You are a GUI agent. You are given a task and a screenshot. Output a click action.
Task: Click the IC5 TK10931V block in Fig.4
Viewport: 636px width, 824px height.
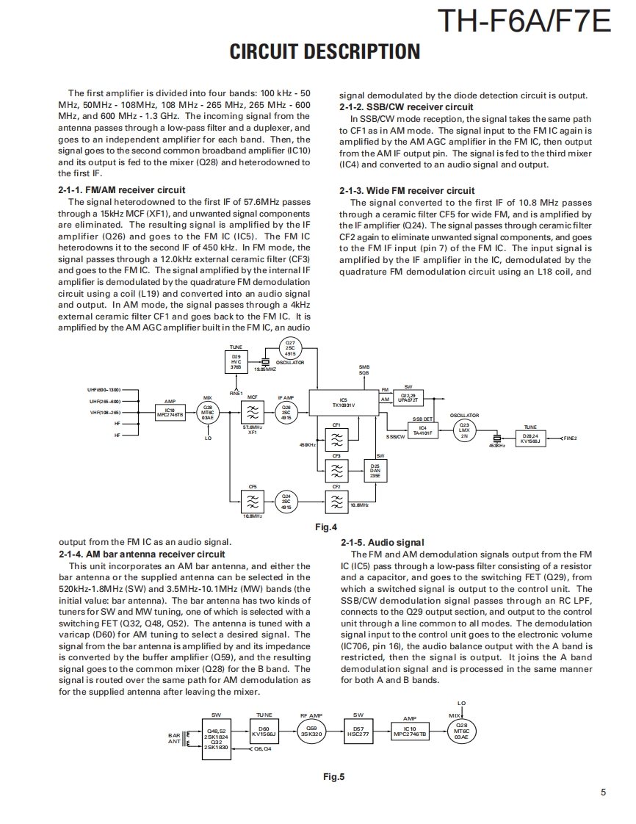point(343,402)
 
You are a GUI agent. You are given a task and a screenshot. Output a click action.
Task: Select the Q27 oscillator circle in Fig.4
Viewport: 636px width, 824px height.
point(290,348)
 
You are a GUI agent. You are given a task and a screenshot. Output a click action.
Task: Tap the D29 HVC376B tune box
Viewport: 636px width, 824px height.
point(236,361)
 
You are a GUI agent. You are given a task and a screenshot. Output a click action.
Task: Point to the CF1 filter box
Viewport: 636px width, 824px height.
point(336,438)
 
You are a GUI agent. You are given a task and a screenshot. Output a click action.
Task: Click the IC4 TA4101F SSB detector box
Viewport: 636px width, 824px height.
point(422,430)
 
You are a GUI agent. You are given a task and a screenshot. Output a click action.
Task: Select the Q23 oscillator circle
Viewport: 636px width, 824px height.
point(463,430)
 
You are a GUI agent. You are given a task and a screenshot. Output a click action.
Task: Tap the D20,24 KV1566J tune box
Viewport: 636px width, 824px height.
point(530,438)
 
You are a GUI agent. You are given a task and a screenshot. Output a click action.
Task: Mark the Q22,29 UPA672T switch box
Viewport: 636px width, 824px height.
point(408,398)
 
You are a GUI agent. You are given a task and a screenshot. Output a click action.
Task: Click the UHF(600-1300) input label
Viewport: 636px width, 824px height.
point(104,389)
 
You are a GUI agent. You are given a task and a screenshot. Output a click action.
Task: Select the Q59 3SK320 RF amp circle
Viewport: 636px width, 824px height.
point(311,732)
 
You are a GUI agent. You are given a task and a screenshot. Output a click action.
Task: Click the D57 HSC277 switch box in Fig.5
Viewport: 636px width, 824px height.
point(358,732)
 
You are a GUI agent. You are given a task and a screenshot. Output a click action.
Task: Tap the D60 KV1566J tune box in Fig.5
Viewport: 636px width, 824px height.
point(264,732)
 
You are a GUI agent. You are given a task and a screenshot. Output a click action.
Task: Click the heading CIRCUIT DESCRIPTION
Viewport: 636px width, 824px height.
point(325,51)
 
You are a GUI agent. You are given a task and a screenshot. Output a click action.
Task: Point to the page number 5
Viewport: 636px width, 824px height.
point(602,792)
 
